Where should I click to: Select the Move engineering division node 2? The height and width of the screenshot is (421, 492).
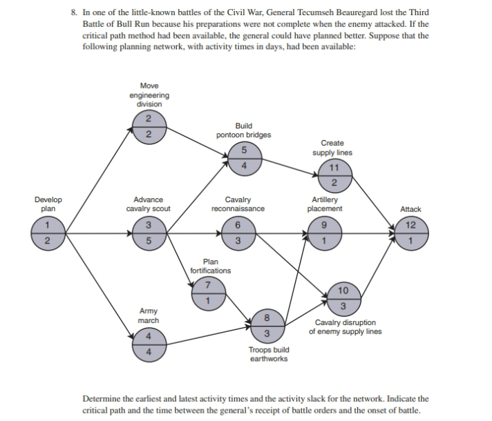[148, 127]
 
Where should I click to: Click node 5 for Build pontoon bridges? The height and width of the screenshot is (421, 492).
[243, 158]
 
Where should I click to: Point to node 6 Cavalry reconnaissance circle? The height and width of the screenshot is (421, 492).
[237, 233]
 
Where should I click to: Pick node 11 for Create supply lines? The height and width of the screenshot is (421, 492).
[334, 175]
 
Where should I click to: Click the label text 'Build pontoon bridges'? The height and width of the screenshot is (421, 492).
[243, 130]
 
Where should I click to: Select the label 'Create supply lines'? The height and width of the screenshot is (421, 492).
[332, 148]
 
